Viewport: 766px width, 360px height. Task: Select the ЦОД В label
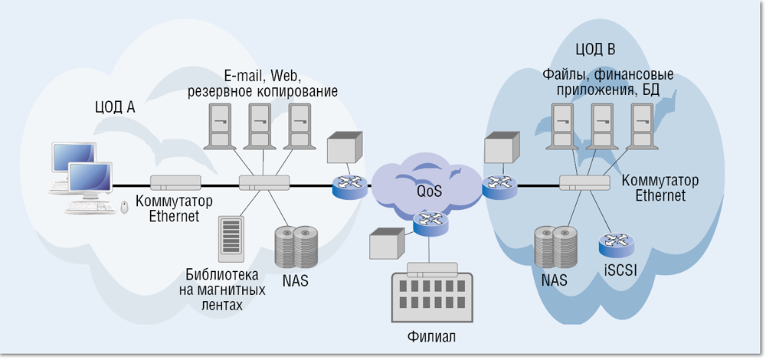(x=595, y=50)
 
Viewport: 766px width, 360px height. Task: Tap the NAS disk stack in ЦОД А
(x=296, y=244)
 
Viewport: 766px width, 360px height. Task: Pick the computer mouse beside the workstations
(x=125, y=206)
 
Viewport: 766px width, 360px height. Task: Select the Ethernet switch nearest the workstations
(x=175, y=183)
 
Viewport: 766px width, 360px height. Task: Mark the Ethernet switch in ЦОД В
(x=584, y=183)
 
